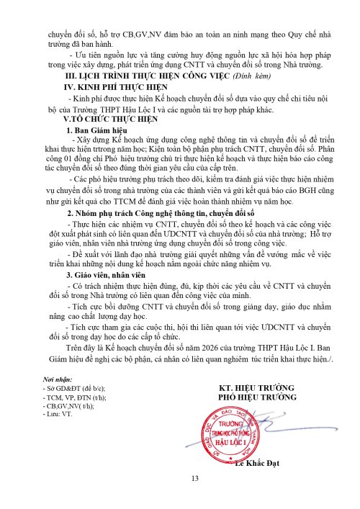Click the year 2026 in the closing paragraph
click(x=217, y=350)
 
